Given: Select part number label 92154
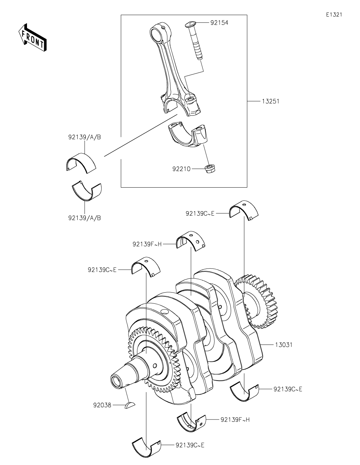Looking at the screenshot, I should [x=219, y=23].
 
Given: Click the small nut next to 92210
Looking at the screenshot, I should [x=211, y=168].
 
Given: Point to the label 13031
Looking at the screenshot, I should [x=283, y=345].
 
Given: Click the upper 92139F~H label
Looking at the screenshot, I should [x=147, y=244].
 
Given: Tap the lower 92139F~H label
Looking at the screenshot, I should [x=235, y=419].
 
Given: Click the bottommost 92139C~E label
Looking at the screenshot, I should [x=190, y=445].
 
